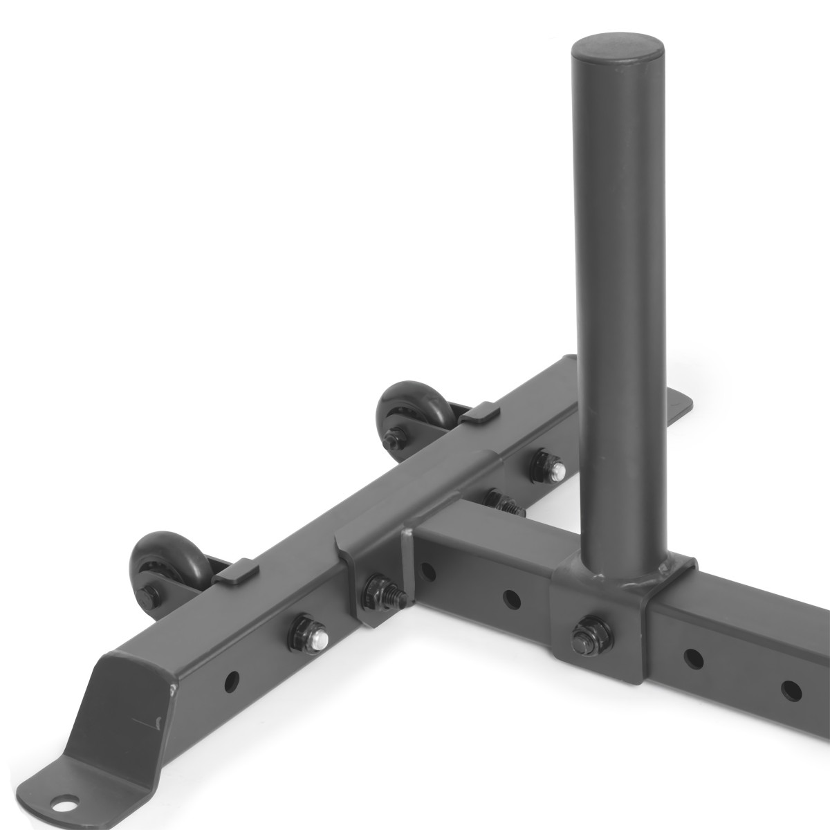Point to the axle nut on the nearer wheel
(x=149, y=593)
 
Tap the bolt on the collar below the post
(x=591, y=631)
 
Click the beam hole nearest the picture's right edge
(x=790, y=688)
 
